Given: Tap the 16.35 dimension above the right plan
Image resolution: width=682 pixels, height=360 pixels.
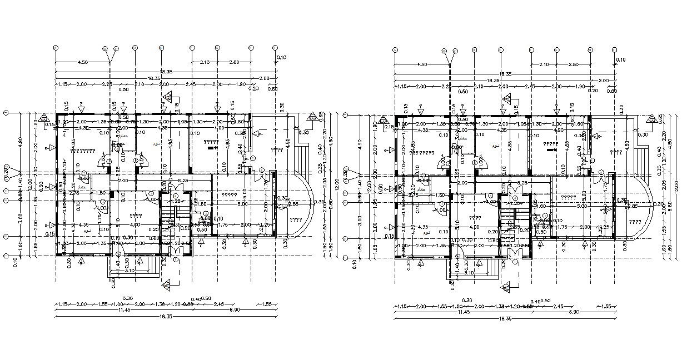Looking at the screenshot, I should click(x=489, y=81).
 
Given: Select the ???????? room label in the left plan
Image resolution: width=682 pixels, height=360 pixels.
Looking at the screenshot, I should click(x=85, y=151).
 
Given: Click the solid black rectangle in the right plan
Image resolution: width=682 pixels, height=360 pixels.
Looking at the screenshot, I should click(x=551, y=149).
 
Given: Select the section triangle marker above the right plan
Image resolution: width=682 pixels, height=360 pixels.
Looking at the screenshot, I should click(x=507, y=99).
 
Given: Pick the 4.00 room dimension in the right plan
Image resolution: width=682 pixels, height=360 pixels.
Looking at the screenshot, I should click(x=472, y=227).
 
